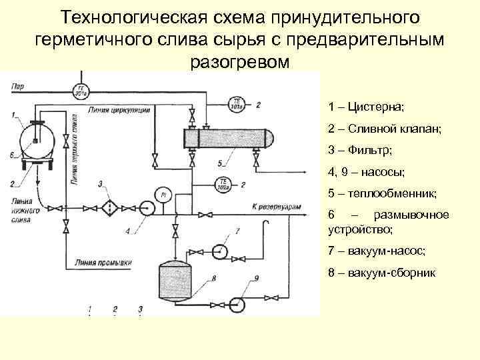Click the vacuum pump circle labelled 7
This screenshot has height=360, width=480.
(218, 251)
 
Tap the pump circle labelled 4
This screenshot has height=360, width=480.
(149, 208)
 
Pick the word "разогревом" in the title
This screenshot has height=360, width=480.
(240, 64)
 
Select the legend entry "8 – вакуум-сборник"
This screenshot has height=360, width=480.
(381, 273)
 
